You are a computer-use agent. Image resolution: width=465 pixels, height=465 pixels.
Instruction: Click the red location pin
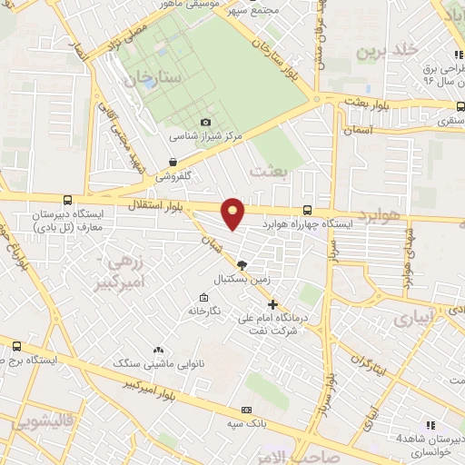coord(233,213)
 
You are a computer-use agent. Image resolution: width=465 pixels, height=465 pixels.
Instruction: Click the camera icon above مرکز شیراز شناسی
coord(205,123)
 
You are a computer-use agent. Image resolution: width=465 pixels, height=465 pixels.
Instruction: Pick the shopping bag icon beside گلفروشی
coord(160,163)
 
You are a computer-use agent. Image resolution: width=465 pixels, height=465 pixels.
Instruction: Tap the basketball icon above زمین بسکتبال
coord(241,263)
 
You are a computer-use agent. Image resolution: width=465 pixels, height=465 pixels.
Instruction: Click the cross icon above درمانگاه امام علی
coord(272,304)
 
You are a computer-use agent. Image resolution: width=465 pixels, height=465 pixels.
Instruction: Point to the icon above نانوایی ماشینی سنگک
coord(159,350)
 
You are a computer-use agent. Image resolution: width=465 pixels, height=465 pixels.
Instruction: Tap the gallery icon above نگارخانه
coord(204,297)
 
